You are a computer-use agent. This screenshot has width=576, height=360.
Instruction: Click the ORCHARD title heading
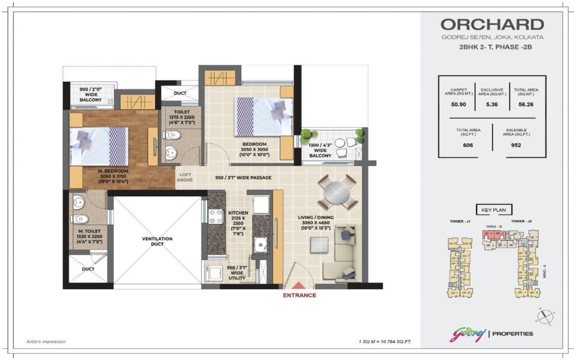492,25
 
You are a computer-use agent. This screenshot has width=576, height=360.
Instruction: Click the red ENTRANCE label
299,295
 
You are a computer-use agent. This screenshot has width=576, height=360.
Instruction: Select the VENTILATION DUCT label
157,242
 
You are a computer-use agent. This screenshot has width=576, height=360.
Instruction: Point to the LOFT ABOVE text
186,178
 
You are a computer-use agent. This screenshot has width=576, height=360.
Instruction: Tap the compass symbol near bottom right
545,317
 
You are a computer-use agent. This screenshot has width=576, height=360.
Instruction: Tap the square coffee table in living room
319,245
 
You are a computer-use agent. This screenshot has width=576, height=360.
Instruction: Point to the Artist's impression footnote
46,341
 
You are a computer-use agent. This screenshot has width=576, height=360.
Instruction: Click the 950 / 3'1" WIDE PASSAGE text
244,178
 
